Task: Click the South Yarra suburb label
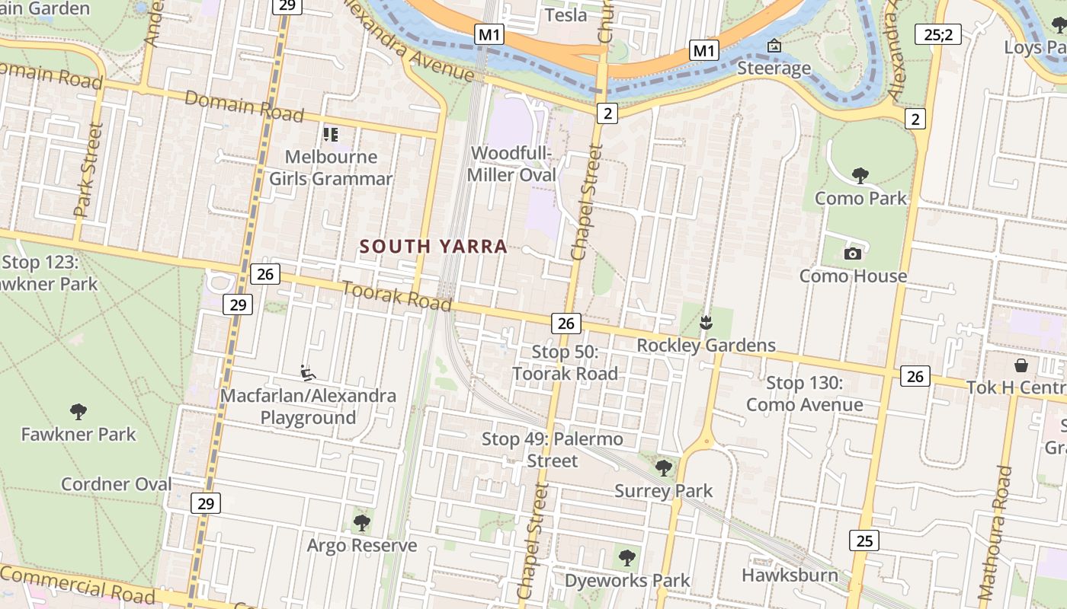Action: [x=433, y=247]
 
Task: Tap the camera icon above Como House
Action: [x=852, y=253]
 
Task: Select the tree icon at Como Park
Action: [x=860, y=176]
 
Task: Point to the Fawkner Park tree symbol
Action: [x=78, y=412]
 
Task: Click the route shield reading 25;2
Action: [x=937, y=34]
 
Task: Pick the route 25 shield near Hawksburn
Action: [x=864, y=540]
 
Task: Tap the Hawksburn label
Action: [x=790, y=575]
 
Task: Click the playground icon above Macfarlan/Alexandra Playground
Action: [x=308, y=373]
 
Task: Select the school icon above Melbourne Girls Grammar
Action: [x=330, y=135]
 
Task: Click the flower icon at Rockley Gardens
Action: [x=706, y=323]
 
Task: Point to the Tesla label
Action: [x=566, y=14]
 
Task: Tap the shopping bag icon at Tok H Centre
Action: [x=1021, y=365]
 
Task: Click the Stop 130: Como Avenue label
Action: [x=804, y=394]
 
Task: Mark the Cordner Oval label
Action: [x=116, y=484]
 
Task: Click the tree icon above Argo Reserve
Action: [x=362, y=523]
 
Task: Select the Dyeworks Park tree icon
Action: [x=626, y=558]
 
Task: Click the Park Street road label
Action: [x=88, y=171]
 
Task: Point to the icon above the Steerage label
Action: [x=774, y=46]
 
